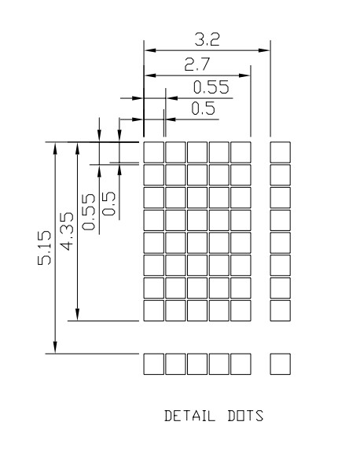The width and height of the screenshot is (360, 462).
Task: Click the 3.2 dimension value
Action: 207,39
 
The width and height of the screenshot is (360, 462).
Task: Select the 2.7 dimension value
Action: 197,64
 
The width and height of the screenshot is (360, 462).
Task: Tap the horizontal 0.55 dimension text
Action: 211,86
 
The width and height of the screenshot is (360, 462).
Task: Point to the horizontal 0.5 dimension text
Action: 203,108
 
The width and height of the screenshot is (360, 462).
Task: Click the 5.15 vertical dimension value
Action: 45,247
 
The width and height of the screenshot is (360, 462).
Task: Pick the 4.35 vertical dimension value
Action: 67,231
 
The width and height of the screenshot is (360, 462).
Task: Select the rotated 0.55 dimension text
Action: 89,211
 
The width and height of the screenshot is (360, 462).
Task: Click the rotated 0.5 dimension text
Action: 108,203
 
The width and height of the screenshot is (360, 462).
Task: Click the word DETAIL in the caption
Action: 189,416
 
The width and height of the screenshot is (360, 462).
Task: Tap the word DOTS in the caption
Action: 245,416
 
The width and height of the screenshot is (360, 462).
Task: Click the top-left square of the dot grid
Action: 153,152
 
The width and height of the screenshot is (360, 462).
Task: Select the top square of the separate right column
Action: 281,152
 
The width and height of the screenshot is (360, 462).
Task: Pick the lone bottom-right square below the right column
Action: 281,365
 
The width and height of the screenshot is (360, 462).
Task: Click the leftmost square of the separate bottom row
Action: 153,365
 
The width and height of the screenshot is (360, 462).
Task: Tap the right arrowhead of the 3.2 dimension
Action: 264,50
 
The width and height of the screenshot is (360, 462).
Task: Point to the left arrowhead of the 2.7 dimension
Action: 150,75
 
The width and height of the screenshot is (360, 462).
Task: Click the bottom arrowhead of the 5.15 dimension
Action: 55,347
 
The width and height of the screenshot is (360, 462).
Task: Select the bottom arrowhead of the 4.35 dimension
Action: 77,314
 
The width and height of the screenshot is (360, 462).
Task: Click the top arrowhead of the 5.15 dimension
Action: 55,148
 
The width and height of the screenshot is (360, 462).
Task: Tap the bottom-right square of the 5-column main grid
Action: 241,310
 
